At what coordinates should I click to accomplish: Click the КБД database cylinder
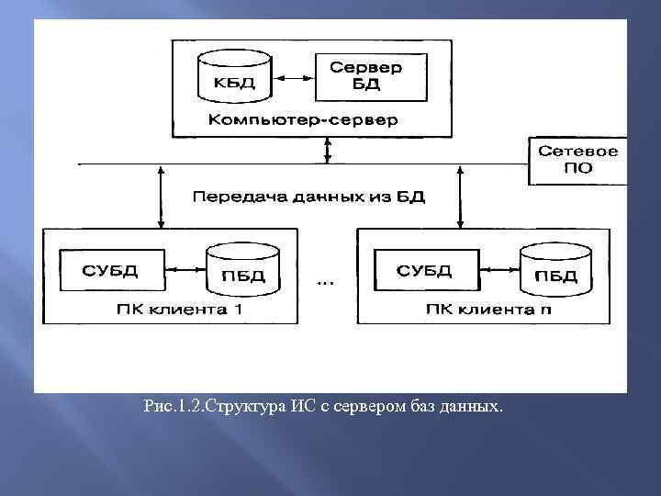235,77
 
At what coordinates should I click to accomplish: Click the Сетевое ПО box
577,160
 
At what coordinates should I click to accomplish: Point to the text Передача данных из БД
308,197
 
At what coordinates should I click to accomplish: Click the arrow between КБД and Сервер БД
293,77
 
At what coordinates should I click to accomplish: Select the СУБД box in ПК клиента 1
110,270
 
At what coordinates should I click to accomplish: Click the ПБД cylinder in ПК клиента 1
243,269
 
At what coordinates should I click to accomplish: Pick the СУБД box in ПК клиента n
424,270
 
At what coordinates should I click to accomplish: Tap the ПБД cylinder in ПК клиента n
556,269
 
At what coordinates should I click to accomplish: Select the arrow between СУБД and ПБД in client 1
185,270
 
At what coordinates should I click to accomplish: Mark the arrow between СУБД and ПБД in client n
499,270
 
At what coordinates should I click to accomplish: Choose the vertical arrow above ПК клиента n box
459,197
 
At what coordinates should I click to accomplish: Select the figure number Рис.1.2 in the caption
170,405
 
